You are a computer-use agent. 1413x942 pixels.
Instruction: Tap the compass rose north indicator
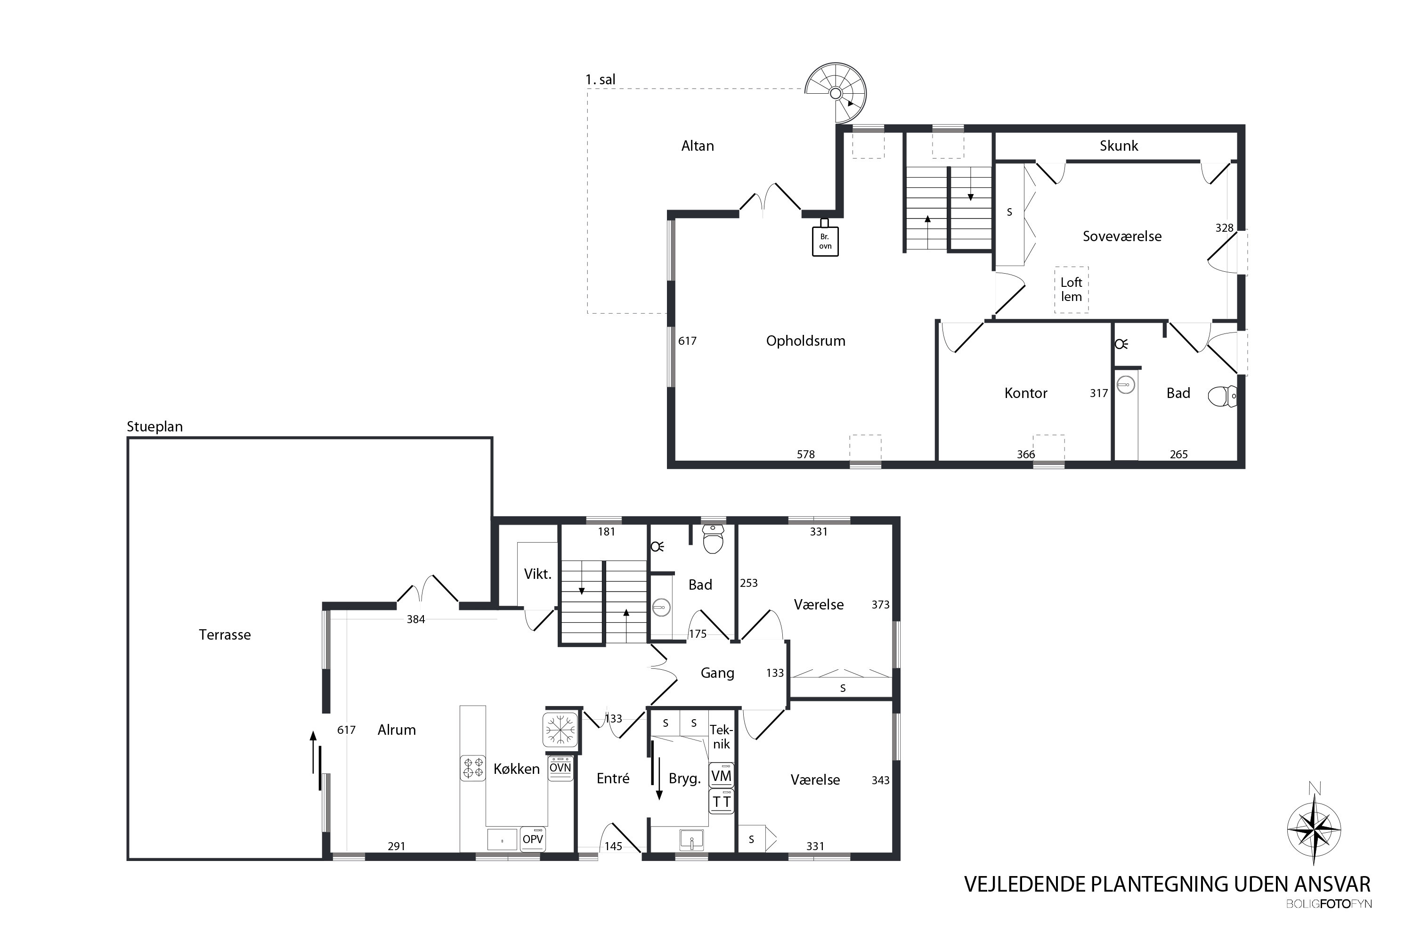tap(1315, 829)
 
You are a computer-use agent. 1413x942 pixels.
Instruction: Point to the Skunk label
tap(1119, 146)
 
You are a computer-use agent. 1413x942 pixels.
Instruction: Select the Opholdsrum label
tap(805, 341)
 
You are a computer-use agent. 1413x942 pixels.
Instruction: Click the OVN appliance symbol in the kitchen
tap(560, 768)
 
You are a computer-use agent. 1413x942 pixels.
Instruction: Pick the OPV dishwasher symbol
tap(533, 839)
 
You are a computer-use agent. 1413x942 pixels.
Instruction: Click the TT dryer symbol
tap(721, 802)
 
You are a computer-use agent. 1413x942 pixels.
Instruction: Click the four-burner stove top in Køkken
tap(472, 768)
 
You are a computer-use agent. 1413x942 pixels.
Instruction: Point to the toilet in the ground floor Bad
tap(713, 539)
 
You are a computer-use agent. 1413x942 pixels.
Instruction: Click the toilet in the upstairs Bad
tap(1222, 397)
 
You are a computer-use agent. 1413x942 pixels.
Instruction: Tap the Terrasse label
tap(225, 634)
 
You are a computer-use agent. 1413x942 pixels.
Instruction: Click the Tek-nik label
tap(721, 737)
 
